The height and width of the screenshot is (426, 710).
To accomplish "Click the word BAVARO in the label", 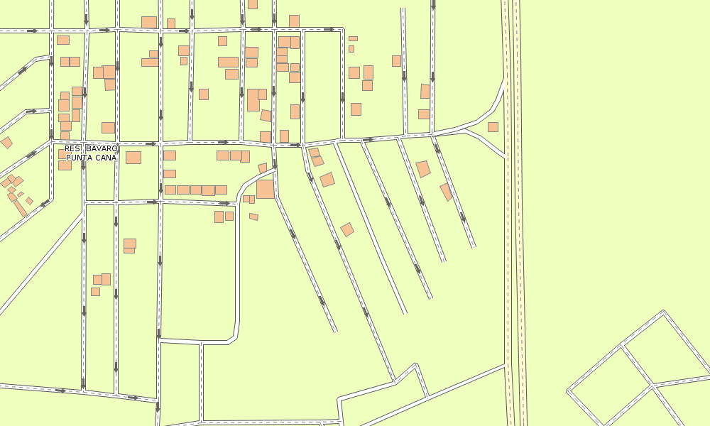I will [x=102, y=148].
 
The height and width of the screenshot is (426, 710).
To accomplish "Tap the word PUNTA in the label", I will [x=80, y=158].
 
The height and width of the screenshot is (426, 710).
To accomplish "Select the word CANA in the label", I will [x=105, y=158].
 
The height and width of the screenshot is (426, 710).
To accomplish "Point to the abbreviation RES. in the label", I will [x=74, y=148].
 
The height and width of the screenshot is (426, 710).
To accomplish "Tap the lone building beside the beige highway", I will [x=493, y=127].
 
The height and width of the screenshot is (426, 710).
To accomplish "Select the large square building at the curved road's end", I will [x=265, y=189].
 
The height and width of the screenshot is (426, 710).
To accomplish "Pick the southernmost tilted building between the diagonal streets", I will [x=347, y=229].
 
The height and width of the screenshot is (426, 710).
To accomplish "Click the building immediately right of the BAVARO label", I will [x=133, y=157].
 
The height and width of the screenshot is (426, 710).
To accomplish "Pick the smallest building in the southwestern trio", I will [x=95, y=291].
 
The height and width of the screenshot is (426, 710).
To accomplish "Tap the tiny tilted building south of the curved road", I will [x=253, y=217].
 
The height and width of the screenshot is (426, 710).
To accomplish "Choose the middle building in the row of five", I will [x=195, y=190].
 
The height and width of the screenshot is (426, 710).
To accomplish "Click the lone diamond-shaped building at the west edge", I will [x=6, y=143].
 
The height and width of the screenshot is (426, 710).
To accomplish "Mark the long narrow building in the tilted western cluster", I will [x=20, y=207].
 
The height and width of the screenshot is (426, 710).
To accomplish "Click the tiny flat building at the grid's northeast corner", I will [x=353, y=38].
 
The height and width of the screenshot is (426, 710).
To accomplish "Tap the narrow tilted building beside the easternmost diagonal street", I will [x=446, y=192].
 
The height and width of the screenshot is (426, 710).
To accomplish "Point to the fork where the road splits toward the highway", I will [x=465, y=131].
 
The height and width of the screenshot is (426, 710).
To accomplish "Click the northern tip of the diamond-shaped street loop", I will [x=664, y=312].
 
